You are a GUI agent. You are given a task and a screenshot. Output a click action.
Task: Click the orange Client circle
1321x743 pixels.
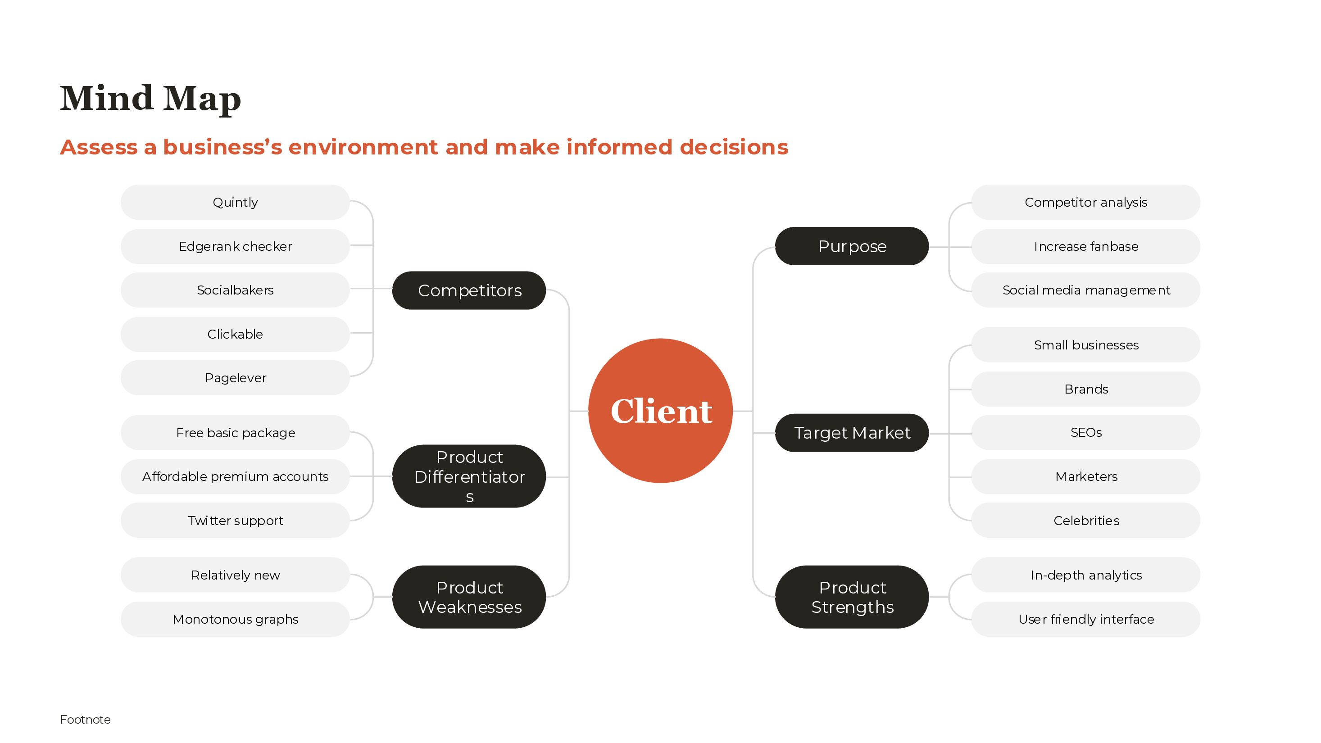[660, 410]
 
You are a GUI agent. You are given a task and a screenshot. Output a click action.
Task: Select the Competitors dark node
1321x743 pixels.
[469, 290]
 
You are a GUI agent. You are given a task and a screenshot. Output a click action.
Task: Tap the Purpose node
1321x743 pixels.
[852, 246]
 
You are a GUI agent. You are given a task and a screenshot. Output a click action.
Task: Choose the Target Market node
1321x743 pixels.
[852, 433]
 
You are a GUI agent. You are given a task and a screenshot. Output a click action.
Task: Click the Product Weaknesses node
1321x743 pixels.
[469, 597]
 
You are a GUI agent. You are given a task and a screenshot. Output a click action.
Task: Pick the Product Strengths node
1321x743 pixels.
[852, 597]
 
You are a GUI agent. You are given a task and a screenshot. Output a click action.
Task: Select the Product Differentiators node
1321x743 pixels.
[469, 476]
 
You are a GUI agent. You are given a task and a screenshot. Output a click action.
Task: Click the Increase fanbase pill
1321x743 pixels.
[1085, 246]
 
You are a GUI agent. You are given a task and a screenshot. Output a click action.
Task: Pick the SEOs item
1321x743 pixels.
[1085, 432]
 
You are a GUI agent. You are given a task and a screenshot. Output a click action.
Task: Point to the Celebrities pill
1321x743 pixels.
[1085, 521]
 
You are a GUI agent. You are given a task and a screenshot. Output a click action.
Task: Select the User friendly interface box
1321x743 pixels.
[1085, 619]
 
